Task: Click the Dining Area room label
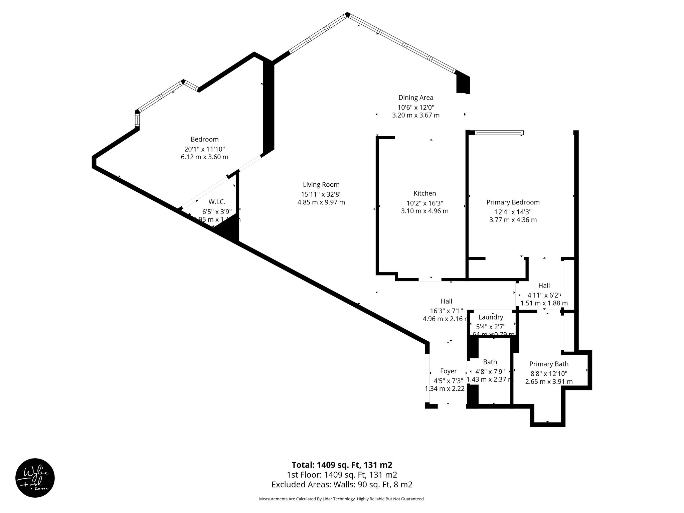[416, 98]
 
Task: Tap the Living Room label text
[321, 185]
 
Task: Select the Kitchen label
[424, 193]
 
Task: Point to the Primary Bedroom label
[513, 202]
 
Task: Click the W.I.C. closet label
[217, 202]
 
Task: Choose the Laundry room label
[491, 317]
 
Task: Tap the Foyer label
[448, 371]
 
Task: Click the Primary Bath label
[549, 364]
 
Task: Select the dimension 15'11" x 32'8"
[321, 194]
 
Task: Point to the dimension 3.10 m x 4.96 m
[424, 211]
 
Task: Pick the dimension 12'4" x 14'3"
[513, 211]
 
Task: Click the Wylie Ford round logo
[35, 478]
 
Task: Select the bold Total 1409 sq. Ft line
[342, 465]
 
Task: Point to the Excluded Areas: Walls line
[342, 484]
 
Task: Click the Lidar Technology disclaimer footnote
[342, 499]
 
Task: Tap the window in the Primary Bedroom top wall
[499, 133]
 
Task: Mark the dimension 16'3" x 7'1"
[447, 310]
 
